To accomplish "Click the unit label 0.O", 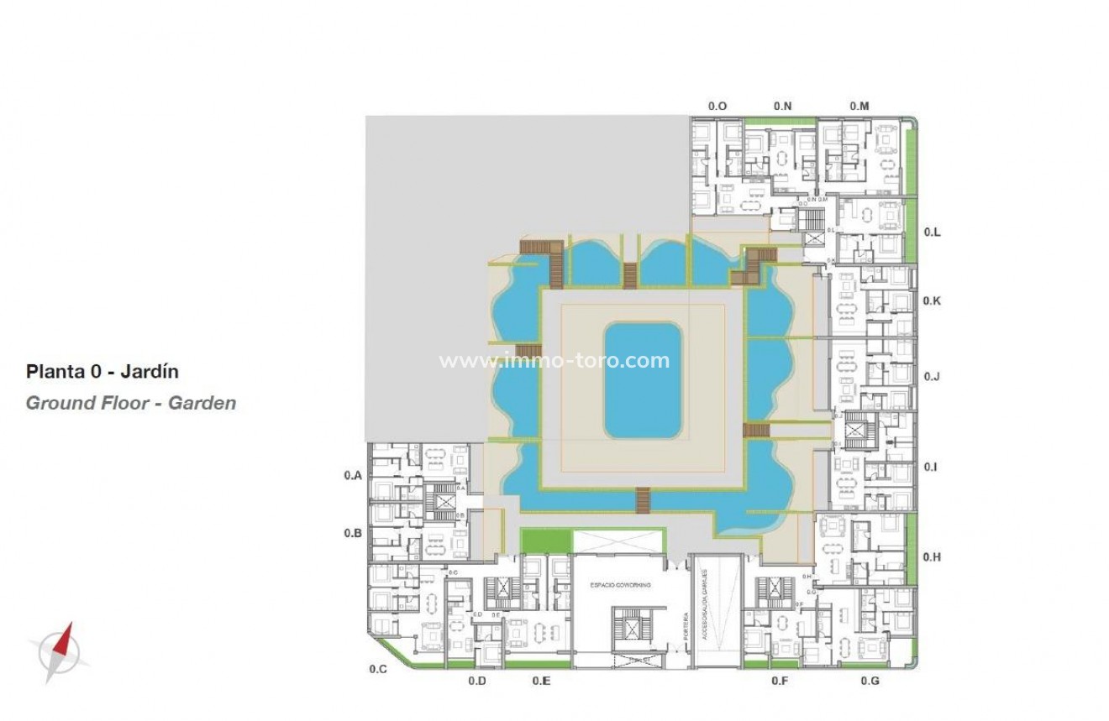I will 717,107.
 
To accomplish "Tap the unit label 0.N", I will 782,107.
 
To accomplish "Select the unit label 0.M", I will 859,107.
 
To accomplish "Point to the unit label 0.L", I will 932,232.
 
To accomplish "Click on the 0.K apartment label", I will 932,300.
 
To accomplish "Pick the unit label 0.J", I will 932,377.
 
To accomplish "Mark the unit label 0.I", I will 931,466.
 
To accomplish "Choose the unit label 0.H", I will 932,556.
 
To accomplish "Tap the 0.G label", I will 870,681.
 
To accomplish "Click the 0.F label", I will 780,681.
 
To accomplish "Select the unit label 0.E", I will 541,681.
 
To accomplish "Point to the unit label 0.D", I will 477,681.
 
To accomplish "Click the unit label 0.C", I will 378,669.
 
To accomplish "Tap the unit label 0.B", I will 353,533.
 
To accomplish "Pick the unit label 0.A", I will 353,475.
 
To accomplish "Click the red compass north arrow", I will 64,640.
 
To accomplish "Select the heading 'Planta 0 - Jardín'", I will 102,371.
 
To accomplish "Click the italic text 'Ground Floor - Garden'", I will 131,403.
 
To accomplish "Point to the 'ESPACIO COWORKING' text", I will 620,584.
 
